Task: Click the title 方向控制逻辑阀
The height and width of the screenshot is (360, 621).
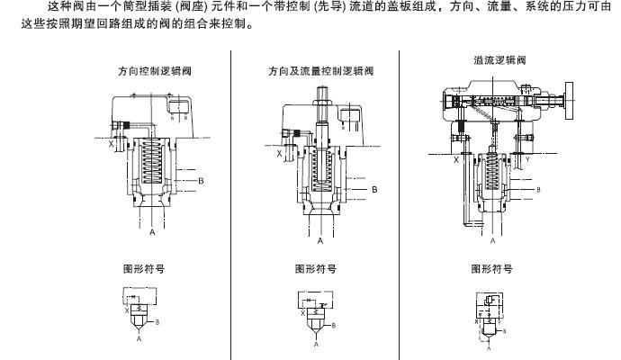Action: [154, 70]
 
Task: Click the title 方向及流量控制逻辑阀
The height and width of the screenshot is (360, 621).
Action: [320, 70]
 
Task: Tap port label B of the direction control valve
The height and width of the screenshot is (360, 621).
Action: [202, 181]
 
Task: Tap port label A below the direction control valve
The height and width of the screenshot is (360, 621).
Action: [152, 232]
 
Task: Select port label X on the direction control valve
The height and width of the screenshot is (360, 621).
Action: [112, 142]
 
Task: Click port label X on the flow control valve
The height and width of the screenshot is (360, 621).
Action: [278, 153]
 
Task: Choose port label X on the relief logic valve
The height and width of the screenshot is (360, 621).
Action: [455, 159]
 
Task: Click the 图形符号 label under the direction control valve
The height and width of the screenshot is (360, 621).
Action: [143, 268]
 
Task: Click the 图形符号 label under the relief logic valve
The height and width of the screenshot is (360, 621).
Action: [491, 268]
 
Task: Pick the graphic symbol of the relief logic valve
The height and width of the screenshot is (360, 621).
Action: [491, 316]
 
